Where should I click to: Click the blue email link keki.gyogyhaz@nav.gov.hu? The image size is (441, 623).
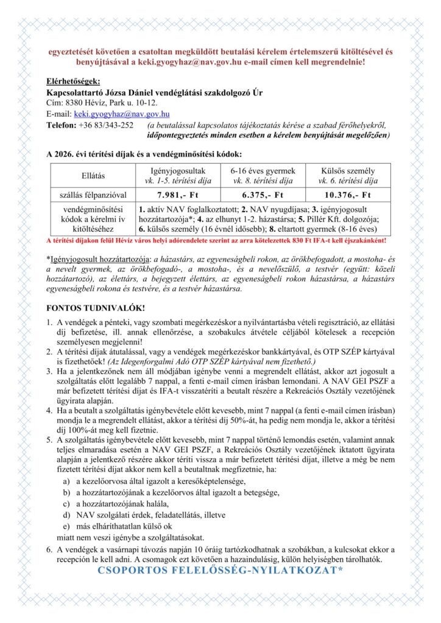click(x=121, y=114)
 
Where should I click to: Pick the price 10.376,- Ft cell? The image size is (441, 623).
click(x=348, y=195)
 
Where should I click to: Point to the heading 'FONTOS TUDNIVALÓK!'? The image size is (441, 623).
click(x=96, y=308)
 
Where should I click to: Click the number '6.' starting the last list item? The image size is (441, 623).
click(x=50, y=549)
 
